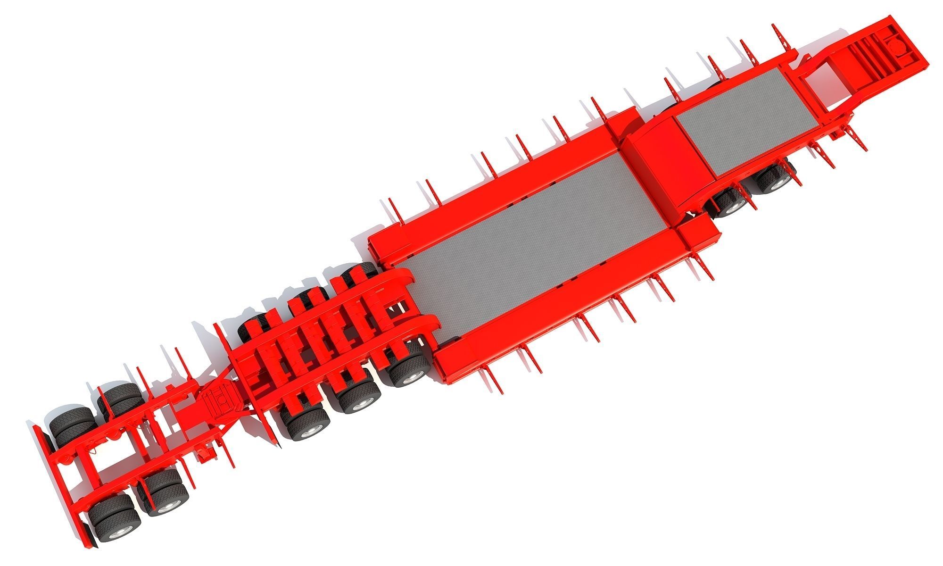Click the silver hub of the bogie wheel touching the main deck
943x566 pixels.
pyautogui.click(x=414, y=375)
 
